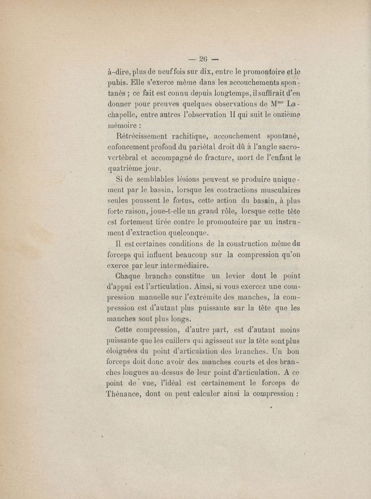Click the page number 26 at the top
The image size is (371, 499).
pos(202,58)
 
